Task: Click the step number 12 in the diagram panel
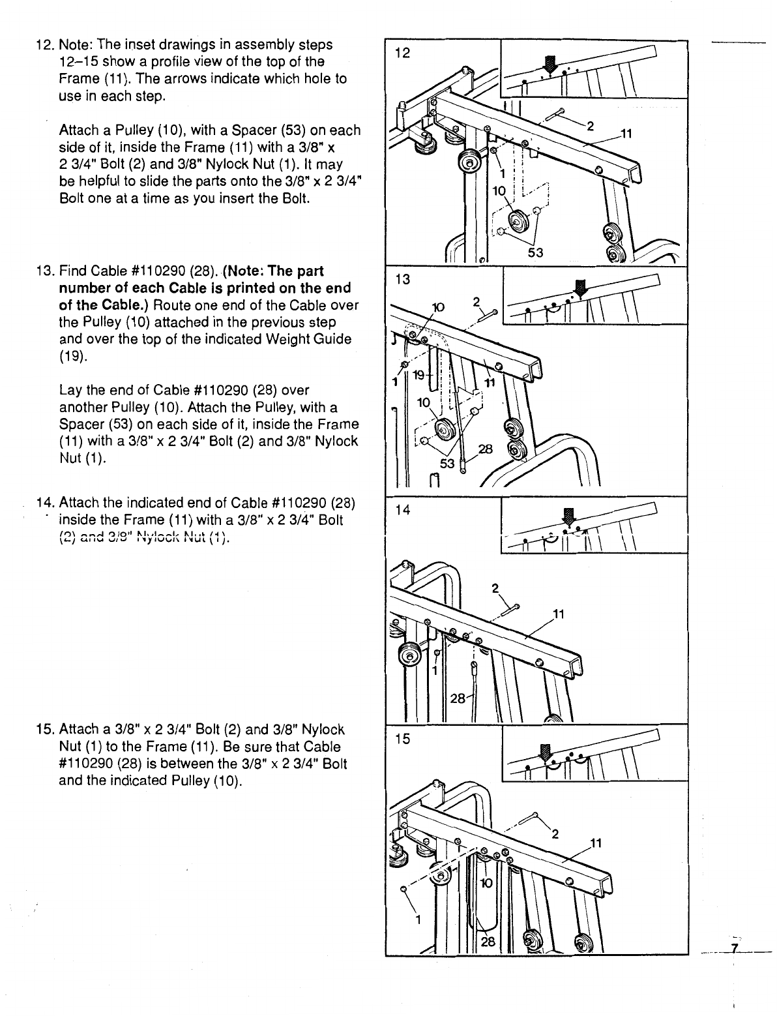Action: (403, 53)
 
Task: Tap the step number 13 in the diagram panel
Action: (403, 279)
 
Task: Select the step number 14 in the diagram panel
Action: (403, 510)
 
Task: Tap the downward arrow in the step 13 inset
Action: (579, 288)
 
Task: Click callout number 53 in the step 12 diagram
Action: (535, 252)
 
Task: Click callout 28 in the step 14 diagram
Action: (458, 699)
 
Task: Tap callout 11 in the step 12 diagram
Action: (626, 135)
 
